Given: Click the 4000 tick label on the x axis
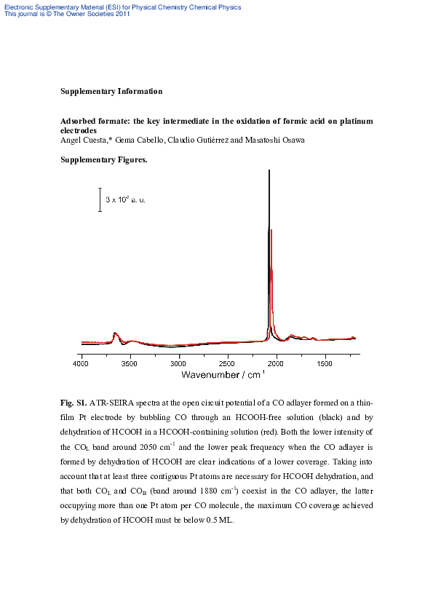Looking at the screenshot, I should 82,362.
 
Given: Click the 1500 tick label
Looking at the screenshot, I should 325,362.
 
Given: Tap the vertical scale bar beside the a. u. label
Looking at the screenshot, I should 100,199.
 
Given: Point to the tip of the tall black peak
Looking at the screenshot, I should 269,171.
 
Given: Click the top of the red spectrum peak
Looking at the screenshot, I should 271,231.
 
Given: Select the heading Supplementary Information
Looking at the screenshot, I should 111,91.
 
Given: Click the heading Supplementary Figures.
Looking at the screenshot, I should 104,159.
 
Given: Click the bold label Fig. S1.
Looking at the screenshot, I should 74,402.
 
